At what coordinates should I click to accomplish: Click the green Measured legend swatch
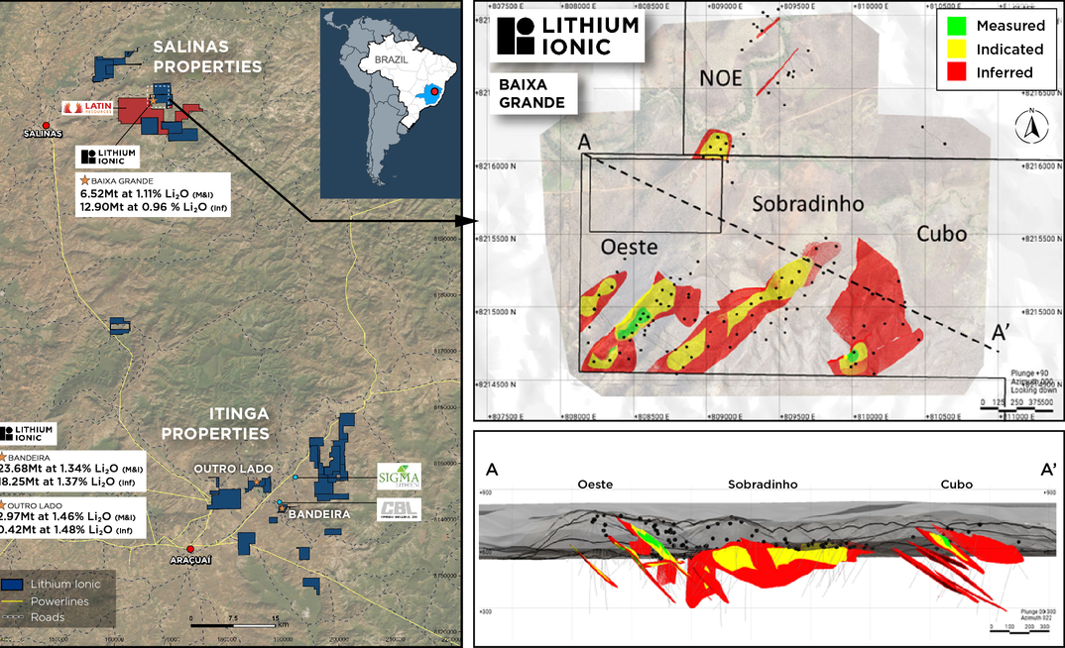(956, 26)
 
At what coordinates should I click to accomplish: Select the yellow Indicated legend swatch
(956, 49)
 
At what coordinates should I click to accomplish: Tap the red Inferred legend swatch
(956, 72)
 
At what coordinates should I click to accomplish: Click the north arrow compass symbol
(1031, 125)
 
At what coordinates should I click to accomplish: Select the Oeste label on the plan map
(631, 248)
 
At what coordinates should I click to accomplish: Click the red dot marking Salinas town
(46, 124)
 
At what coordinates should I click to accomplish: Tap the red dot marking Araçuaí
(190, 548)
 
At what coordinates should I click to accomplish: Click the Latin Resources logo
(89, 107)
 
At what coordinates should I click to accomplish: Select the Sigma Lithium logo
(398, 476)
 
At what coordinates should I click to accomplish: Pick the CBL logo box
(398, 510)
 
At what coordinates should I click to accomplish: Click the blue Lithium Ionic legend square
(13, 585)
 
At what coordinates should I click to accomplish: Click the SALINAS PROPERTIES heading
(206, 56)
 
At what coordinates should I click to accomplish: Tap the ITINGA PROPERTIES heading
(215, 424)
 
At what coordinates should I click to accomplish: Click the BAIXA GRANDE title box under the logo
(532, 94)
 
